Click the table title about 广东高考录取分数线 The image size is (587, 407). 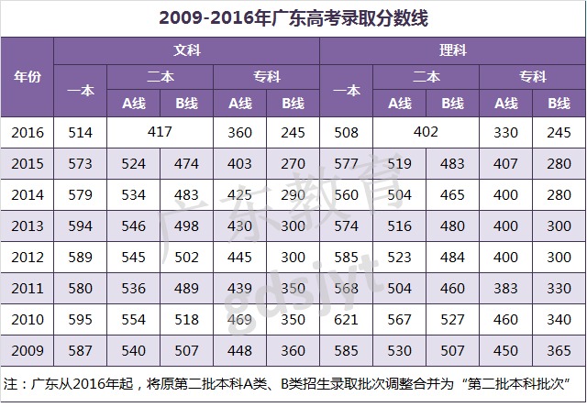pos(293,17)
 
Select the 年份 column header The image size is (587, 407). pos(28,77)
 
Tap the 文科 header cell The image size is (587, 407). pos(186,50)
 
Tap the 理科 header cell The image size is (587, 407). pos(453,50)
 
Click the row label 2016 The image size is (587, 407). pos(28,133)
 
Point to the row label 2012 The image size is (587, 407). pos(28,258)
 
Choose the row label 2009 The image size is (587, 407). pos(28,351)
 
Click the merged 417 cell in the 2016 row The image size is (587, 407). pos(160,132)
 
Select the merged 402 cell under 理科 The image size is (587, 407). pos(426,132)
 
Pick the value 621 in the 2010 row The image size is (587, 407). pos(346,320)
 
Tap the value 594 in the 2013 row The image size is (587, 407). pos(81,226)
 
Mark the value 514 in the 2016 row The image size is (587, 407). pos(81,133)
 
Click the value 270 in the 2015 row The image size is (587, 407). pos(293,164)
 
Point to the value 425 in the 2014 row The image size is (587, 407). pos(239,195)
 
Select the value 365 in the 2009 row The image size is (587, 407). pos(559,351)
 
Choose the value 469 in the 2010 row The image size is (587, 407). pos(239,320)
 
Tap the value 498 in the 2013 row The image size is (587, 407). pos(186,226)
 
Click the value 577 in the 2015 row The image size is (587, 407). pos(346,164)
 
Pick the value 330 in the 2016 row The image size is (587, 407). pos(505,133)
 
